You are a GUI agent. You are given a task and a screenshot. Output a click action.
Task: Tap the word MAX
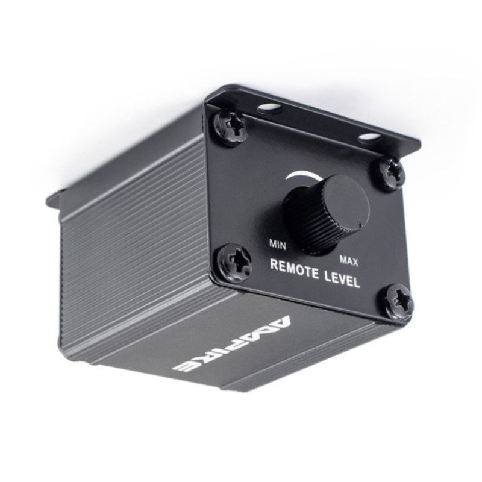349,261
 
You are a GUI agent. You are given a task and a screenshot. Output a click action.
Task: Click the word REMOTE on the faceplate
294,269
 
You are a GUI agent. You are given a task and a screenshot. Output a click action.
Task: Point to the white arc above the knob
303,175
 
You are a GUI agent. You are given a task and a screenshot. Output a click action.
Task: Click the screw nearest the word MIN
235,261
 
